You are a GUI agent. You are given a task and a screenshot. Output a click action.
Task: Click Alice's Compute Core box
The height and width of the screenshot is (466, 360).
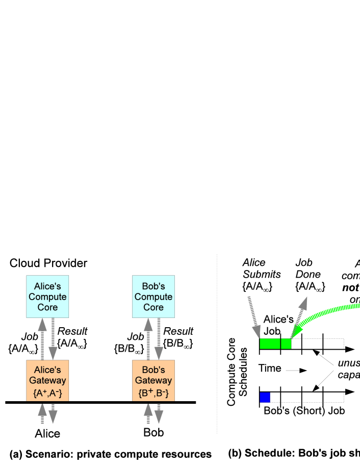click(x=47, y=297)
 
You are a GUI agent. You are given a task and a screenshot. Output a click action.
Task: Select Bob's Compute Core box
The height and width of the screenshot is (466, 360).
click(x=153, y=297)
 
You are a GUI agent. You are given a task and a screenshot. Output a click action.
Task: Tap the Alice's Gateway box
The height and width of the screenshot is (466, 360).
click(x=47, y=381)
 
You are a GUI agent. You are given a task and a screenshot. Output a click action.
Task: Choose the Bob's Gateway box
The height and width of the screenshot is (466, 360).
click(x=153, y=381)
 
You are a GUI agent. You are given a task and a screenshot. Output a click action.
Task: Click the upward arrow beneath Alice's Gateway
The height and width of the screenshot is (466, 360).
click(x=42, y=413)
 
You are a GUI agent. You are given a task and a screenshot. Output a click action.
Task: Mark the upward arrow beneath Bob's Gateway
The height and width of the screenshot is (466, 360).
click(x=148, y=413)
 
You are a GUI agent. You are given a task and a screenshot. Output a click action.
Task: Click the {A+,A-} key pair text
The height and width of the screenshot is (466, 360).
click(x=47, y=394)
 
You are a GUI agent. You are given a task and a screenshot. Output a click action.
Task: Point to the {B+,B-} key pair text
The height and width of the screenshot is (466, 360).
click(x=153, y=394)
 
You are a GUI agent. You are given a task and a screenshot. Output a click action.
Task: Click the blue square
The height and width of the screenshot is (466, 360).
click(x=265, y=398)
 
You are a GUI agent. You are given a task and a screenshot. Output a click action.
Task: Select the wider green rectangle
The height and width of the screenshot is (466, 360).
click(x=270, y=344)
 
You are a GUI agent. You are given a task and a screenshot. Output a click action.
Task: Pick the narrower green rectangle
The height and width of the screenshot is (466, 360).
click(x=286, y=344)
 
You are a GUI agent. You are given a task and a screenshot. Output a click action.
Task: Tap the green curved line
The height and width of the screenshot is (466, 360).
click(x=326, y=312)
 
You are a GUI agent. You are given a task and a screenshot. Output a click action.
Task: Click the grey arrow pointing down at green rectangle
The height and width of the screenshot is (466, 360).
click(x=254, y=316)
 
